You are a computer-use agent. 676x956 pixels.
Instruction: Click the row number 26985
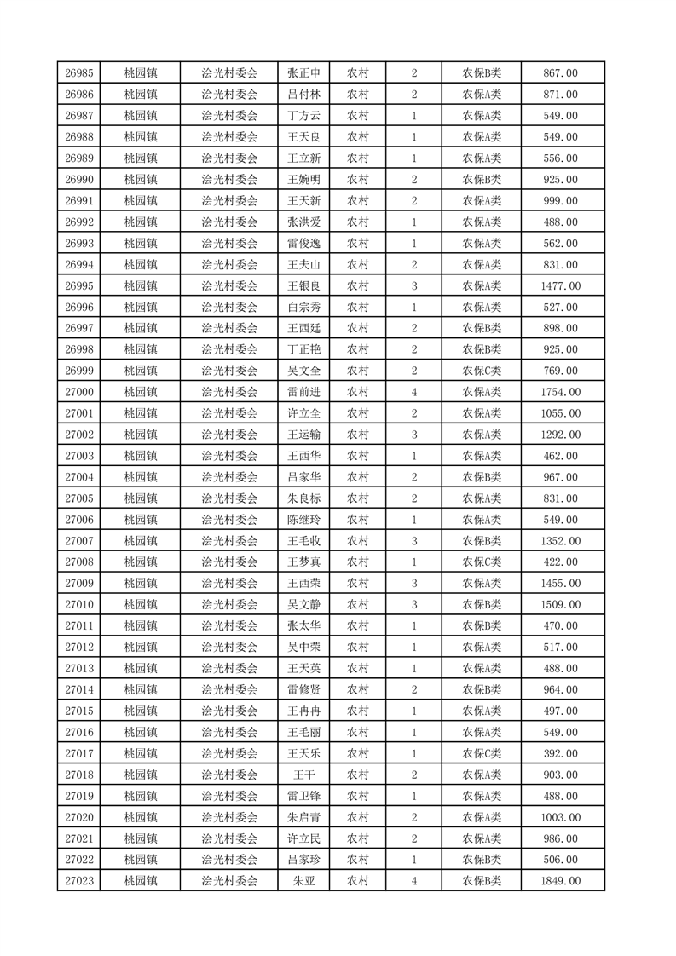(x=78, y=73)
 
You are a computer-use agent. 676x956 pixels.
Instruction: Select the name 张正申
(x=303, y=73)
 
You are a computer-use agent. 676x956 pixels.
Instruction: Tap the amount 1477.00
(x=561, y=286)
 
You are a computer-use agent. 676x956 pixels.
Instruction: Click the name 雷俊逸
(x=303, y=244)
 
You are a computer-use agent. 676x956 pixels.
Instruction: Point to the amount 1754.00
(x=561, y=392)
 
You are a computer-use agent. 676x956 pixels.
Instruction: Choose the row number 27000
(x=78, y=392)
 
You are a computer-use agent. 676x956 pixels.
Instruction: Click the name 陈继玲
(x=303, y=520)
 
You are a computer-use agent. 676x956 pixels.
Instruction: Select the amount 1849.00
(x=561, y=881)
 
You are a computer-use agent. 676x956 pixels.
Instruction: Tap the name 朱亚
(x=303, y=881)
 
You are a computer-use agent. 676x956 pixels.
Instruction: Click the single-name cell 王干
(x=303, y=775)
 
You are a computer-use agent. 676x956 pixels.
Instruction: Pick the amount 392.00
(x=561, y=753)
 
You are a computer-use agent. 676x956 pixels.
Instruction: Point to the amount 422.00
(x=561, y=562)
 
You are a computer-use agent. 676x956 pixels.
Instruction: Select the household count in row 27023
(x=413, y=881)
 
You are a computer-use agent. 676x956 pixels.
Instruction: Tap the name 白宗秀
(x=303, y=308)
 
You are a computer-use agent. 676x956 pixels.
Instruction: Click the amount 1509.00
(x=561, y=605)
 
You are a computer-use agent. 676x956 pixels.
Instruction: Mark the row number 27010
(x=78, y=605)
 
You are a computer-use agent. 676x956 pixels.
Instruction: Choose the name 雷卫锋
(x=303, y=796)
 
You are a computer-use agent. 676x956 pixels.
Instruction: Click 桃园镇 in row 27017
(x=140, y=753)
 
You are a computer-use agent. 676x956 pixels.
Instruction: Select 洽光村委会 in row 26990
(x=229, y=180)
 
